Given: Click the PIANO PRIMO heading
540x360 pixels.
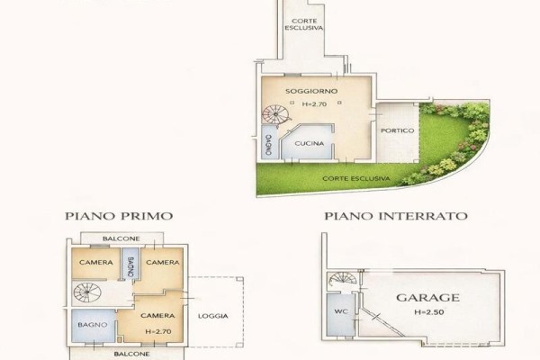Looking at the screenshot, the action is click(119, 216).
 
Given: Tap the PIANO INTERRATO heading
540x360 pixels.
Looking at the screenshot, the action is click(396, 216).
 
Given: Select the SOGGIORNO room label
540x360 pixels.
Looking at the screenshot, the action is click(311, 91).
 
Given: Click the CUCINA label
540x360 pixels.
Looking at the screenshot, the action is click(310, 143).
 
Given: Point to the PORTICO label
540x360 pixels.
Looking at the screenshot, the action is click(398, 130).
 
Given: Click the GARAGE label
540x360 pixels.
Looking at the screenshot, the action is click(427, 298).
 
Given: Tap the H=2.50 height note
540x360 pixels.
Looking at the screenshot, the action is click(428, 312).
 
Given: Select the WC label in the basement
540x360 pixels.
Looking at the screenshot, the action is click(341, 311).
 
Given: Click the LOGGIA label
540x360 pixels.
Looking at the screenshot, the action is click(212, 316).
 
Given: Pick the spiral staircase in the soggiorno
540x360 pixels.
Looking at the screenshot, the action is click(276, 115).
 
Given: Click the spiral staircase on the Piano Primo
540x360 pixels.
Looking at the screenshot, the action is click(87, 292).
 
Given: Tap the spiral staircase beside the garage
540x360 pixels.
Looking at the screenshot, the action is click(343, 278).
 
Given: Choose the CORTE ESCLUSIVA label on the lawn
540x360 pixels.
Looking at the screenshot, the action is click(356, 178).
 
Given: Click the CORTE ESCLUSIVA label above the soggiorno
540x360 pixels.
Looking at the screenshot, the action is click(304, 24).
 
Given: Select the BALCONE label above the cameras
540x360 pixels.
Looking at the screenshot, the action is click(121, 238).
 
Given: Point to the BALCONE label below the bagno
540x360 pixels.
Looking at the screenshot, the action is click(131, 354).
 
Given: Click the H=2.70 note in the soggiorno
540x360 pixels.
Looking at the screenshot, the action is click(314, 104).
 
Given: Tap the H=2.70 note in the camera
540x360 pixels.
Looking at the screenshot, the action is click(158, 332).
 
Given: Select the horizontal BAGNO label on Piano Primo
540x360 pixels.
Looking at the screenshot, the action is click(93, 325).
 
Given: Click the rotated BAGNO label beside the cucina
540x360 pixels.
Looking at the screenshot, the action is click(268, 145).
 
